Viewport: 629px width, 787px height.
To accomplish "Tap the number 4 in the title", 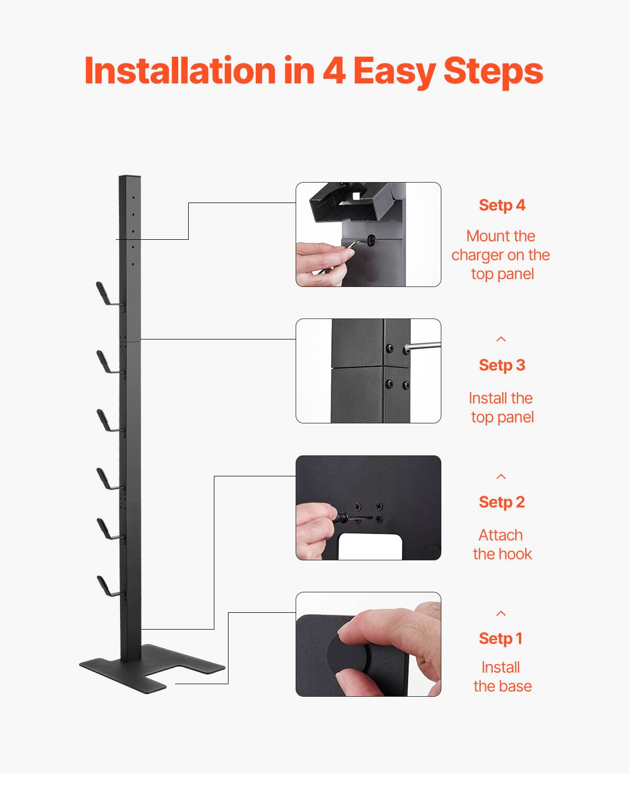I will point(333,70).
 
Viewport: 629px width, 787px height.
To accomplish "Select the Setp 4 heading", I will point(502,205).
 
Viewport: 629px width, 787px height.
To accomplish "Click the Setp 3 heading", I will point(502,365).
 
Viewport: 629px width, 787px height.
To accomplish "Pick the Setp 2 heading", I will point(502,502).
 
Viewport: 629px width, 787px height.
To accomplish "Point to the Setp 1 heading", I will point(501,639).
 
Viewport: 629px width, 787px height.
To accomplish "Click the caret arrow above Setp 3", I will point(501,339).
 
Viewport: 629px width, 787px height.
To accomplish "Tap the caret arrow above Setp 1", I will point(501,613).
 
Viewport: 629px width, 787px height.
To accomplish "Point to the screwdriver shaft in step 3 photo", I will point(424,345).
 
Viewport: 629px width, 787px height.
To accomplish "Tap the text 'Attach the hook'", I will point(502,545).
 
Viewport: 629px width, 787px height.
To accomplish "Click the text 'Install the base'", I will point(502,677).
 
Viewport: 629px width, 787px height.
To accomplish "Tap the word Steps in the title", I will point(493,70).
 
